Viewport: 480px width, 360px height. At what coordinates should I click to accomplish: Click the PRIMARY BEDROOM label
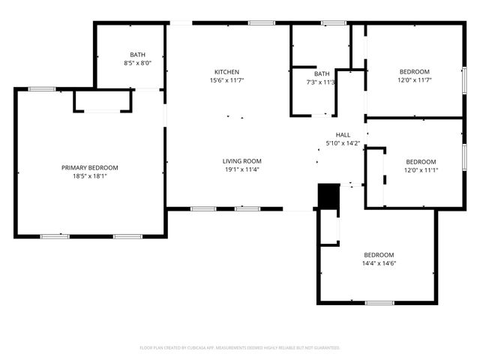click(89, 167)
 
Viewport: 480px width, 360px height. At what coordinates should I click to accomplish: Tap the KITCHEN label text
click(226, 72)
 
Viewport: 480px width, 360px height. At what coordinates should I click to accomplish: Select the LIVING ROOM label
click(241, 161)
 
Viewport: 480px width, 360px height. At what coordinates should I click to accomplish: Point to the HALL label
click(343, 135)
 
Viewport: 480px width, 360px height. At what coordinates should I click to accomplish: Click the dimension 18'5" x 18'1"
click(89, 176)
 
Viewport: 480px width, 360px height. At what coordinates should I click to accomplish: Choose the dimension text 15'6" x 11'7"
click(226, 80)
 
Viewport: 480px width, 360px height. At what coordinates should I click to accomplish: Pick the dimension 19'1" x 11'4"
click(241, 169)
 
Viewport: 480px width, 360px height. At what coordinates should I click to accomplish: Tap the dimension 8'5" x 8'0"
click(137, 63)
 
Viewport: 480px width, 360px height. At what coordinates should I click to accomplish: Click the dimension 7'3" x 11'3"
click(322, 82)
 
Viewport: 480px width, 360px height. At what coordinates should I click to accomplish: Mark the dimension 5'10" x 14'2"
click(343, 143)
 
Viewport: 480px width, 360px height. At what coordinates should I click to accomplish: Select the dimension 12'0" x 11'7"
click(414, 80)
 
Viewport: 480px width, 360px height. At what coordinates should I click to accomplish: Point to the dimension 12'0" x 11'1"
click(421, 170)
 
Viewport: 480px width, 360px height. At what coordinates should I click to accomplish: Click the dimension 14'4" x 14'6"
click(379, 263)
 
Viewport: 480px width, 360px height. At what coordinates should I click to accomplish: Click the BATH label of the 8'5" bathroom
click(137, 55)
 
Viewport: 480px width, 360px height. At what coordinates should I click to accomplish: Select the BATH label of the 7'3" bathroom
click(322, 73)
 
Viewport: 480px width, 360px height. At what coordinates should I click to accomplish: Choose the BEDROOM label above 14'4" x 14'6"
click(379, 255)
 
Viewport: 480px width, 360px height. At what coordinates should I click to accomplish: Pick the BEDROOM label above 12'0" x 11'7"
click(414, 72)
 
